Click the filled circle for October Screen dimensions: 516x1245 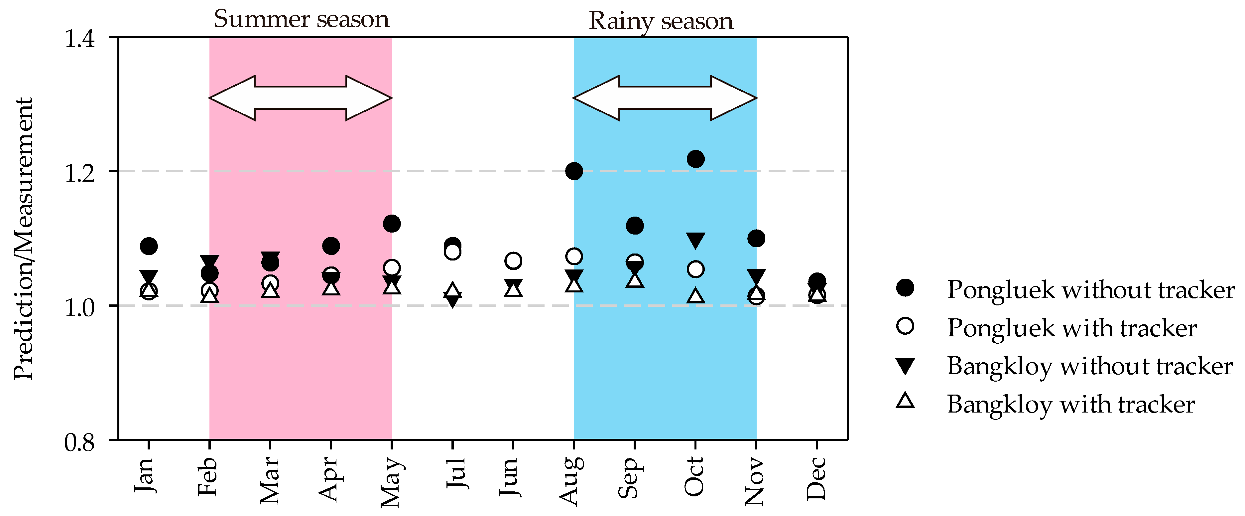tap(695, 159)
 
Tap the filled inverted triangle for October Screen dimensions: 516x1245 tap(695, 240)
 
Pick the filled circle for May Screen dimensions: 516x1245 tap(392, 224)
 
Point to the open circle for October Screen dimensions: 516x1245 tap(695, 269)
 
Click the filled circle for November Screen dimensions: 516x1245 tap(756, 238)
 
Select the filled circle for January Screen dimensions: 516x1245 tap(148, 246)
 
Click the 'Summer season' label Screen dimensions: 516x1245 tap(301, 19)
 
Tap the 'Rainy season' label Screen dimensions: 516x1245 tap(661, 21)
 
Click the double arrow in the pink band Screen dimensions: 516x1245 tap(300, 98)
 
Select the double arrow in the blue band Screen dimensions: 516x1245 tap(665, 98)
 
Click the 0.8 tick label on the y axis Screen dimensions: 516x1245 tap(80, 442)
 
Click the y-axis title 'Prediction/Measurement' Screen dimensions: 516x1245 tap(23, 239)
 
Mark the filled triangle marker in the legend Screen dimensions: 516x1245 tap(905, 366)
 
